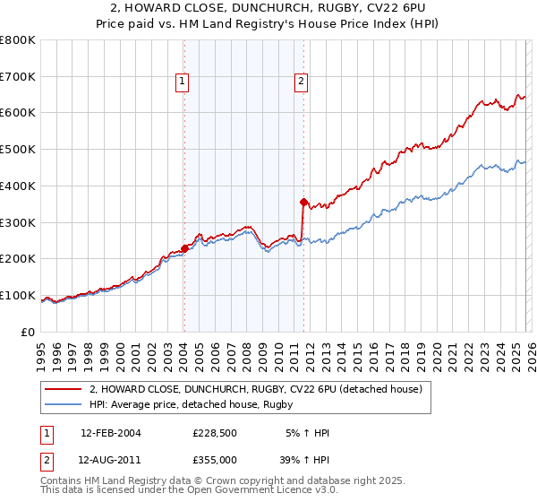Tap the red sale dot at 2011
pyautogui.click(x=303, y=202)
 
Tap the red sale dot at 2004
pyautogui.click(x=184, y=248)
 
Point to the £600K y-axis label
pyautogui.click(x=17, y=113)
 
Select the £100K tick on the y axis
pyautogui.click(x=17, y=295)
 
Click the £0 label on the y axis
pyautogui.click(x=27, y=332)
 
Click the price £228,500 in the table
pyautogui.click(x=214, y=433)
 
